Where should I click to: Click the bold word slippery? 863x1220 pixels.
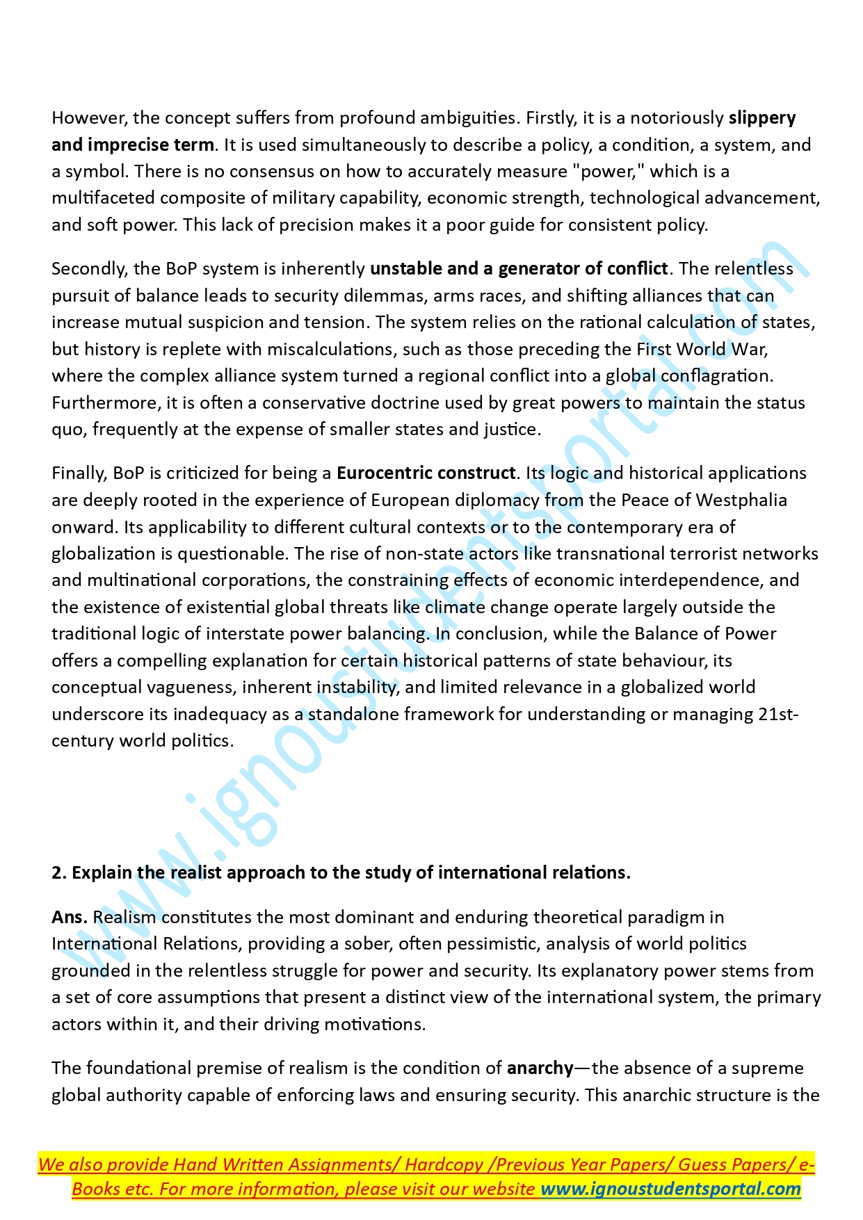coord(761,118)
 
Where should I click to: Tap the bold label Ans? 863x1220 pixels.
coord(69,918)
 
